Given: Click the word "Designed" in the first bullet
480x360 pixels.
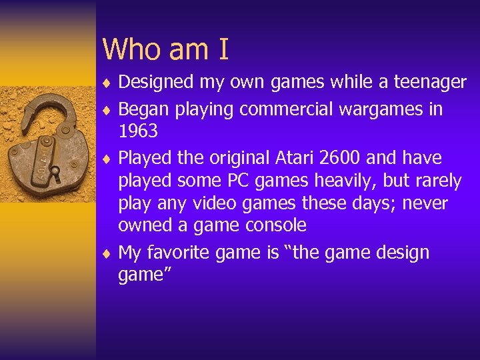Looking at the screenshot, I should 156,82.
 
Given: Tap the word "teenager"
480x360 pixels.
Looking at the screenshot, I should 430,82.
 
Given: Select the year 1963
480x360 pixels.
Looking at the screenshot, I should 138,131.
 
